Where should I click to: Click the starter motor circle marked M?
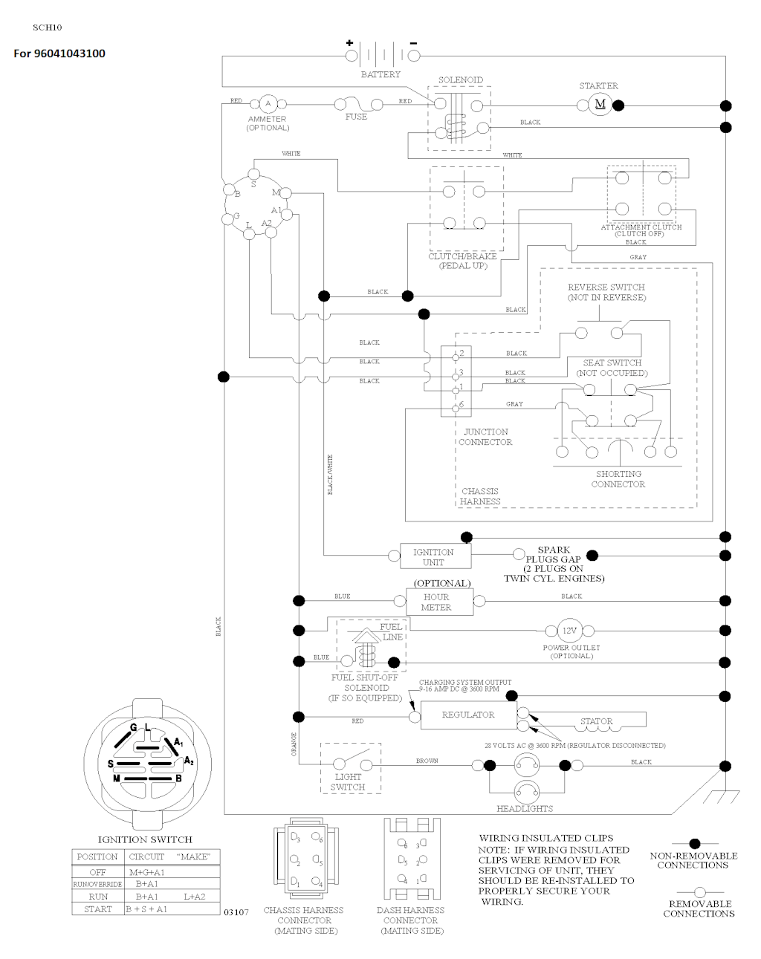pyautogui.click(x=600, y=104)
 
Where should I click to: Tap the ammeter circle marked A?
pyautogui.click(x=268, y=103)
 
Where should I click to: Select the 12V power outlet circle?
pyautogui.click(x=569, y=631)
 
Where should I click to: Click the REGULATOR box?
pyautogui.click(x=468, y=715)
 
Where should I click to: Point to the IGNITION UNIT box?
pyautogui.click(x=433, y=556)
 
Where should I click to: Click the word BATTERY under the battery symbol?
pyautogui.click(x=380, y=74)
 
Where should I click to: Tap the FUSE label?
pyautogui.click(x=356, y=117)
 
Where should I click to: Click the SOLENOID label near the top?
pyautogui.click(x=460, y=80)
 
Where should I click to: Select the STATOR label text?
pyautogui.click(x=597, y=721)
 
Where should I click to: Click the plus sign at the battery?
pyautogui.click(x=350, y=43)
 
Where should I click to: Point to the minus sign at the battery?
pyautogui.click(x=413, y=43)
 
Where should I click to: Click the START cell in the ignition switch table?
pyautogui.click(x=97, y=908)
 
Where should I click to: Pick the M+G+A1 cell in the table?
pyautogui.click(x=146, y=872)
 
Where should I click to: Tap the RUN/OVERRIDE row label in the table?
pyautogui.click(x=97, y=885)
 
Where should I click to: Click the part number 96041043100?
pyautogui.click(x=69, y=53)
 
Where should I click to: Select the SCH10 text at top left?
pyautogui.click(x=48, y=27)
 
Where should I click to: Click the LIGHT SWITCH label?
pyautogui.click(x=348, y=781)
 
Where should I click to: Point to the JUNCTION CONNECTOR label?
pyautogui.click(x=485, y=437)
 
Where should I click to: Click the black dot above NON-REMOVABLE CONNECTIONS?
pyautogui.click(x=695, y=844)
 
